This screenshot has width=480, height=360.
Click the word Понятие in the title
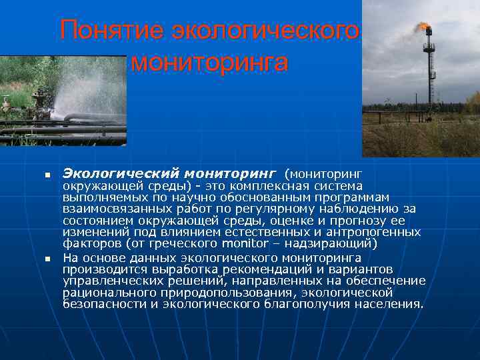110,31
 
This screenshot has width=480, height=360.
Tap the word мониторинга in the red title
209,63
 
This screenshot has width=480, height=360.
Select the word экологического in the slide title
265,31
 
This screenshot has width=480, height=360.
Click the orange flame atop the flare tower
423,26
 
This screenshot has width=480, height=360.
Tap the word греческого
181,243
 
